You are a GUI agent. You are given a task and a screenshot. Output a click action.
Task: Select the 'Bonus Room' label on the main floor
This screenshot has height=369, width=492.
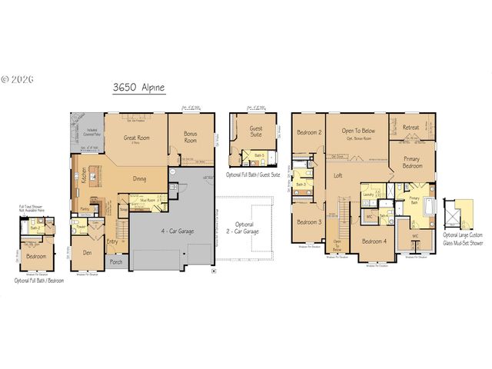190,136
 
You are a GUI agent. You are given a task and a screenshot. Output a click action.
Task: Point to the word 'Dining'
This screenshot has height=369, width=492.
139,178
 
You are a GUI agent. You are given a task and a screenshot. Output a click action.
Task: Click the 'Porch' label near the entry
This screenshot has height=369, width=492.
116,261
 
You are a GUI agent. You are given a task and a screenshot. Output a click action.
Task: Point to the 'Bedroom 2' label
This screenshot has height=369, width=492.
308,132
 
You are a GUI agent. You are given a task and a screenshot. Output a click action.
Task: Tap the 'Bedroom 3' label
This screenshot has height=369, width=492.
308,222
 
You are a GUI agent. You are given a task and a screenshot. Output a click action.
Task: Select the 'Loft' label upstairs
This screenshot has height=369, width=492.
337,175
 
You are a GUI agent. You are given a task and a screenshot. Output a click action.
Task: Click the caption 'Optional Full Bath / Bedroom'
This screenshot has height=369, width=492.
39,281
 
